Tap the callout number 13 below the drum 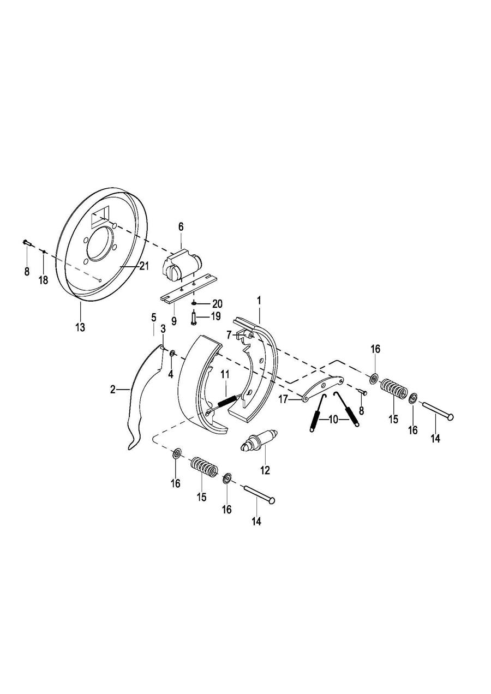coord(80,327)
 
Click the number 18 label coord(43,280)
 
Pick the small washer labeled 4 coord(172,352)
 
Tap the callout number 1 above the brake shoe coord(259,301)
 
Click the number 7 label coord(229,335)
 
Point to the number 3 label coord(163,328)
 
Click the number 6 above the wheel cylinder coord(181,227)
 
